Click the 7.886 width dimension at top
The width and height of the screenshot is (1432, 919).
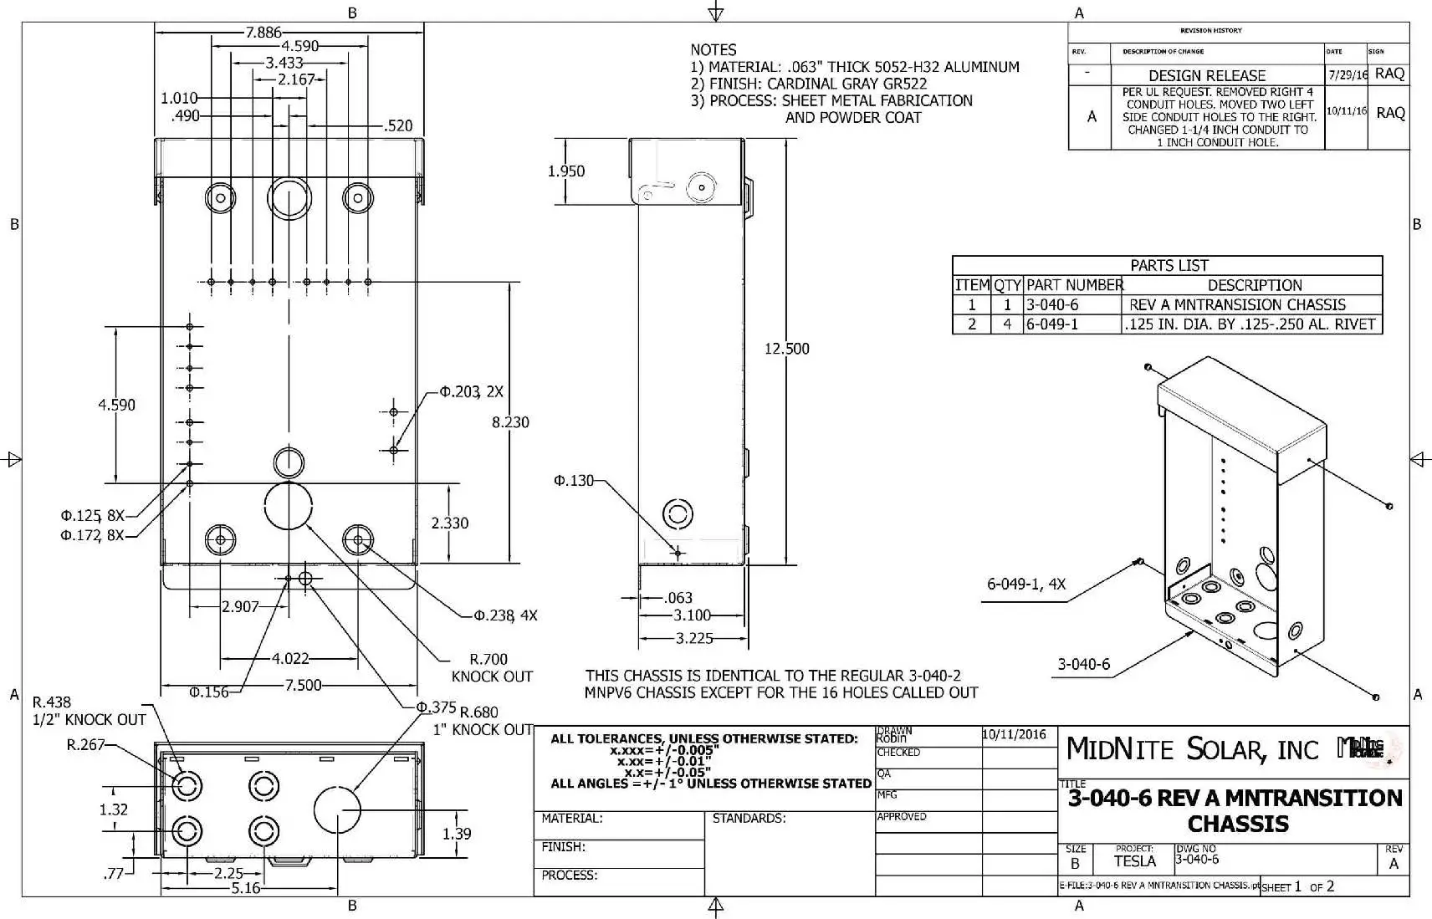(x=263, y=33)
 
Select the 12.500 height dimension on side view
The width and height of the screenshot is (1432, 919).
(x=786, y=349)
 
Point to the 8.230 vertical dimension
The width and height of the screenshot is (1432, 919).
(x=510, y=422)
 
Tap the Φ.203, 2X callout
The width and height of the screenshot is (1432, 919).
(x=472, y=391)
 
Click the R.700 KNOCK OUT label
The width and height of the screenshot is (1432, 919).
(x=491, y=667)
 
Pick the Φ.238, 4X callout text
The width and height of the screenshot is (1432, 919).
(x=505, y=615)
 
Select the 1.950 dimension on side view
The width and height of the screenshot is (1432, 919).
(x=566, y=171)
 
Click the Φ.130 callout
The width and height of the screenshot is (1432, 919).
(x=574, y=481)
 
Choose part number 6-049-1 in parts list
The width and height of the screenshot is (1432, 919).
(x=1052, y=324)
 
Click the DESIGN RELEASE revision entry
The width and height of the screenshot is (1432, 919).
(x=1206, y=75)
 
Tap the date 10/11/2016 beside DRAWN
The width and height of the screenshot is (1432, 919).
(x=1014, y=735)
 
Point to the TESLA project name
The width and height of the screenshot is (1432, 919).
(x=1134, y=861)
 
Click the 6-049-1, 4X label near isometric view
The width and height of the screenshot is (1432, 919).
(x=1026, y=585)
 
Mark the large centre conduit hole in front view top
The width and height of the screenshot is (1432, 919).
(x=289, y=198)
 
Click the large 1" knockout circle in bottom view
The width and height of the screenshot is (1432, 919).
(x=337, y=809)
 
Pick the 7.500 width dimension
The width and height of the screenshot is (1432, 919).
(x=303, y=686)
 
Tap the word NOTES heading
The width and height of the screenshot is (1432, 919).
(x=713, y=50)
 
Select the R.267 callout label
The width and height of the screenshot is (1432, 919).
(x=85, y=744)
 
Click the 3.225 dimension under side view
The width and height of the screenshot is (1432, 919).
(x=693, y=638)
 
